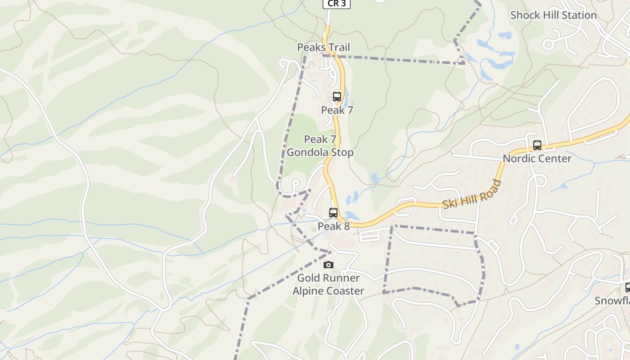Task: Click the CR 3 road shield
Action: click(336, 4)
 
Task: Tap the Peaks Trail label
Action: click(323, 47)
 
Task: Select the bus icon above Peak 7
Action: click(337, 96)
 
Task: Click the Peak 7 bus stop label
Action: click(337, 110)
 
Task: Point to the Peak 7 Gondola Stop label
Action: click(320, 146)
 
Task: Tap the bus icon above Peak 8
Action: click(333, 213)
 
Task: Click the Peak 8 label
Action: click(333, 226)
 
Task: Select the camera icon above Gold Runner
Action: click(328, 265)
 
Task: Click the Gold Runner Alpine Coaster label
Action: click(328, 284)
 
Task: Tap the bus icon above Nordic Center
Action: click(537, 145)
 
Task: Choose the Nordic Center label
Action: click(537, 159)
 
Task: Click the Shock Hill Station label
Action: click(553, 15)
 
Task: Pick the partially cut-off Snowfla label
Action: click(612, 301)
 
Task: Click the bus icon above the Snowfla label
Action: click(628, 288)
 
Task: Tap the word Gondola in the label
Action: click(307, 153)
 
